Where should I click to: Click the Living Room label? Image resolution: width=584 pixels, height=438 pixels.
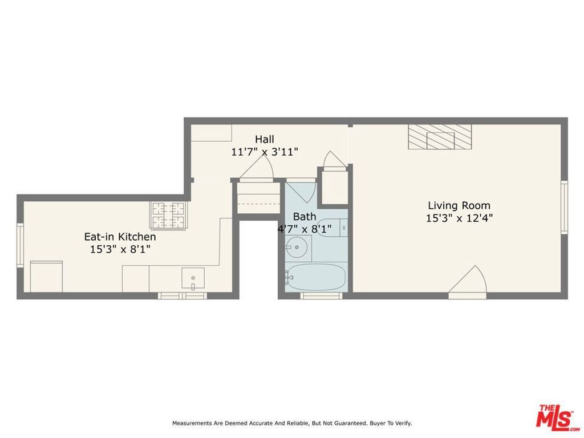pyautogui.click(x=459, y=205)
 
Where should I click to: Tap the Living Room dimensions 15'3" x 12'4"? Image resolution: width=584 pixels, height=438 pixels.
pyautogui.click(x=459, y=218)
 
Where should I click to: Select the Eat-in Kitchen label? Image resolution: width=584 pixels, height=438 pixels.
pyautogui.click(x=120, y=237)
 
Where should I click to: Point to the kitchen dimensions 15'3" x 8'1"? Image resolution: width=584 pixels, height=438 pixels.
pyautogui.click(x=120, y=249)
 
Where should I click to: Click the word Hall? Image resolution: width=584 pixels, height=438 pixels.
pyautogui.click(x=264, y=139)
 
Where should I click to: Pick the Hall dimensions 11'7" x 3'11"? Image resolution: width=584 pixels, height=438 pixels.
pyautogui.click(x=265, y=152)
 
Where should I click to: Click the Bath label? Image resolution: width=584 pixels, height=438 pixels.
pyautogui.click(x=305, y=217)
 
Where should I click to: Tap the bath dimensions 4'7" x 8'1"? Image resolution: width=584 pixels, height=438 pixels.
pyautogui.click(x=305, y=229)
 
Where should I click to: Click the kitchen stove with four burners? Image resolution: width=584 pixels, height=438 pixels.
pyautogui.click(x=169, y=216)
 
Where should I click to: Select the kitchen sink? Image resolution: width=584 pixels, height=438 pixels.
pyautogui.click(x=193, y=278)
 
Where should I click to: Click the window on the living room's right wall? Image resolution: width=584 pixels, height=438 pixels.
pyautogui.click(x=564, y=207)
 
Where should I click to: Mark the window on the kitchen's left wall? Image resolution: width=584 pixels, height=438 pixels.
pyautogui.click(x=20, y=245)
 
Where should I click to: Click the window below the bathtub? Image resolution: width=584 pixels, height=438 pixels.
pyautogui.click(x=321, y=295)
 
